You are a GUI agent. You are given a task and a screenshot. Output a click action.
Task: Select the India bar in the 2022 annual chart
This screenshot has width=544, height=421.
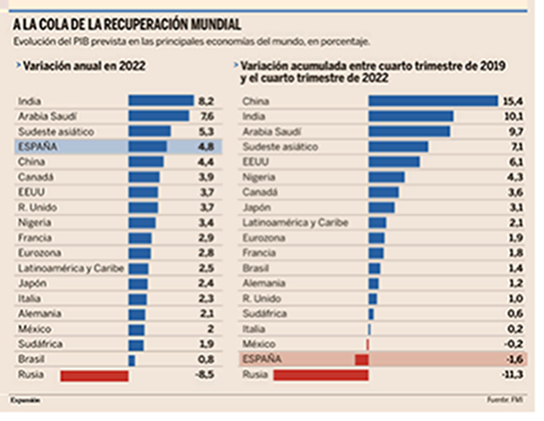pos(161,101)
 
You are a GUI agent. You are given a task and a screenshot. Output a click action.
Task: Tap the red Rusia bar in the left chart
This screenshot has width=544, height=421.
pos(94,375)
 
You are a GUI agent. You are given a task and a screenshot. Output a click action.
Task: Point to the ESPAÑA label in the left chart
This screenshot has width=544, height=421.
pos(36,146)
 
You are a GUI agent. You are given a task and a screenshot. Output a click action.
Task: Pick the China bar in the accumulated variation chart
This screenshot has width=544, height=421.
pos(432,101)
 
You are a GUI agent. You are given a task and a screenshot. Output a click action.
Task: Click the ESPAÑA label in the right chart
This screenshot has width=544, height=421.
pos(263,360)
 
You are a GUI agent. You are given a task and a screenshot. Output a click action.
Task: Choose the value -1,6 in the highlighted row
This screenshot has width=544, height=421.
pos(516,360)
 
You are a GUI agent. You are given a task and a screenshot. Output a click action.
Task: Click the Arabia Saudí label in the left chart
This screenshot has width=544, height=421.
pos(45,115)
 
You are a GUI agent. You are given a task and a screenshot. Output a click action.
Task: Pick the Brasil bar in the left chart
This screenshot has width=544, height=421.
pos(131,360)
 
